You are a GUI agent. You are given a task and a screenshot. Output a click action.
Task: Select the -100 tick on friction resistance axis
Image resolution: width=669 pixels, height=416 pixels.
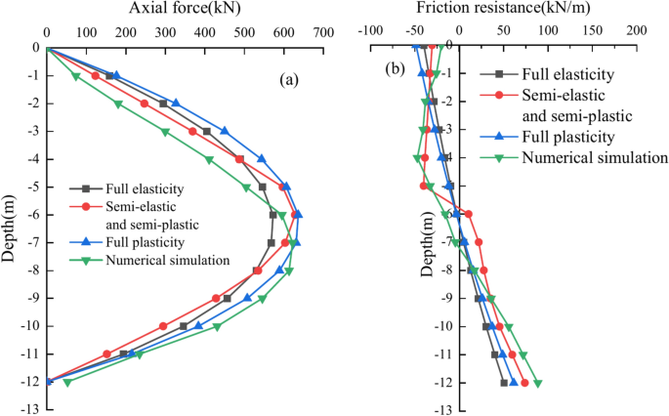[372, 31]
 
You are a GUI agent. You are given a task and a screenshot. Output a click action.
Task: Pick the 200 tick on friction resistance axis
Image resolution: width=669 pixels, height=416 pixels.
[637, 31]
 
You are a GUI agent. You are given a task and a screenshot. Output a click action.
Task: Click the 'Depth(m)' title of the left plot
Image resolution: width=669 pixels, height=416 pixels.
[9, 226]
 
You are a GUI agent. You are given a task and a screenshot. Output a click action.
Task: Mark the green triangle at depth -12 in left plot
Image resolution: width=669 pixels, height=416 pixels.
[67, 382]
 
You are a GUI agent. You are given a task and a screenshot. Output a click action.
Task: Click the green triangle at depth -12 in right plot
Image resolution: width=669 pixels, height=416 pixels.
[537, 383]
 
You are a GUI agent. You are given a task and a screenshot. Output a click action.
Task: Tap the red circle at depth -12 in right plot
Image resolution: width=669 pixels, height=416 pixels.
[524, 383]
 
